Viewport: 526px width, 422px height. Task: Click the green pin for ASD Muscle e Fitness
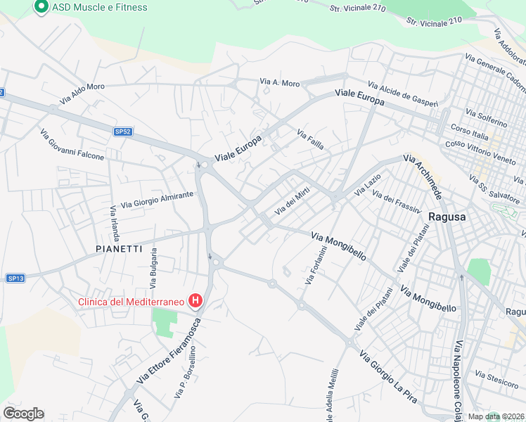(40, 7)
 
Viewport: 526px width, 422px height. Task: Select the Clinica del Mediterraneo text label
(131, 302)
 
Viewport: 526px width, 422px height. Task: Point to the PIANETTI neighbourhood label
(119, 249)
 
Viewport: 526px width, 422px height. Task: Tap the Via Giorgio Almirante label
(157, 200)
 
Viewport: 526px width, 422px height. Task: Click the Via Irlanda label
(113, 223)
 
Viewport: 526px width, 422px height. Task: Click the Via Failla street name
(310, 139)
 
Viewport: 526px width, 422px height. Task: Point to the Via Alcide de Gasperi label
(409, 95)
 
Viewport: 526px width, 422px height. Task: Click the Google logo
(23, 413)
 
